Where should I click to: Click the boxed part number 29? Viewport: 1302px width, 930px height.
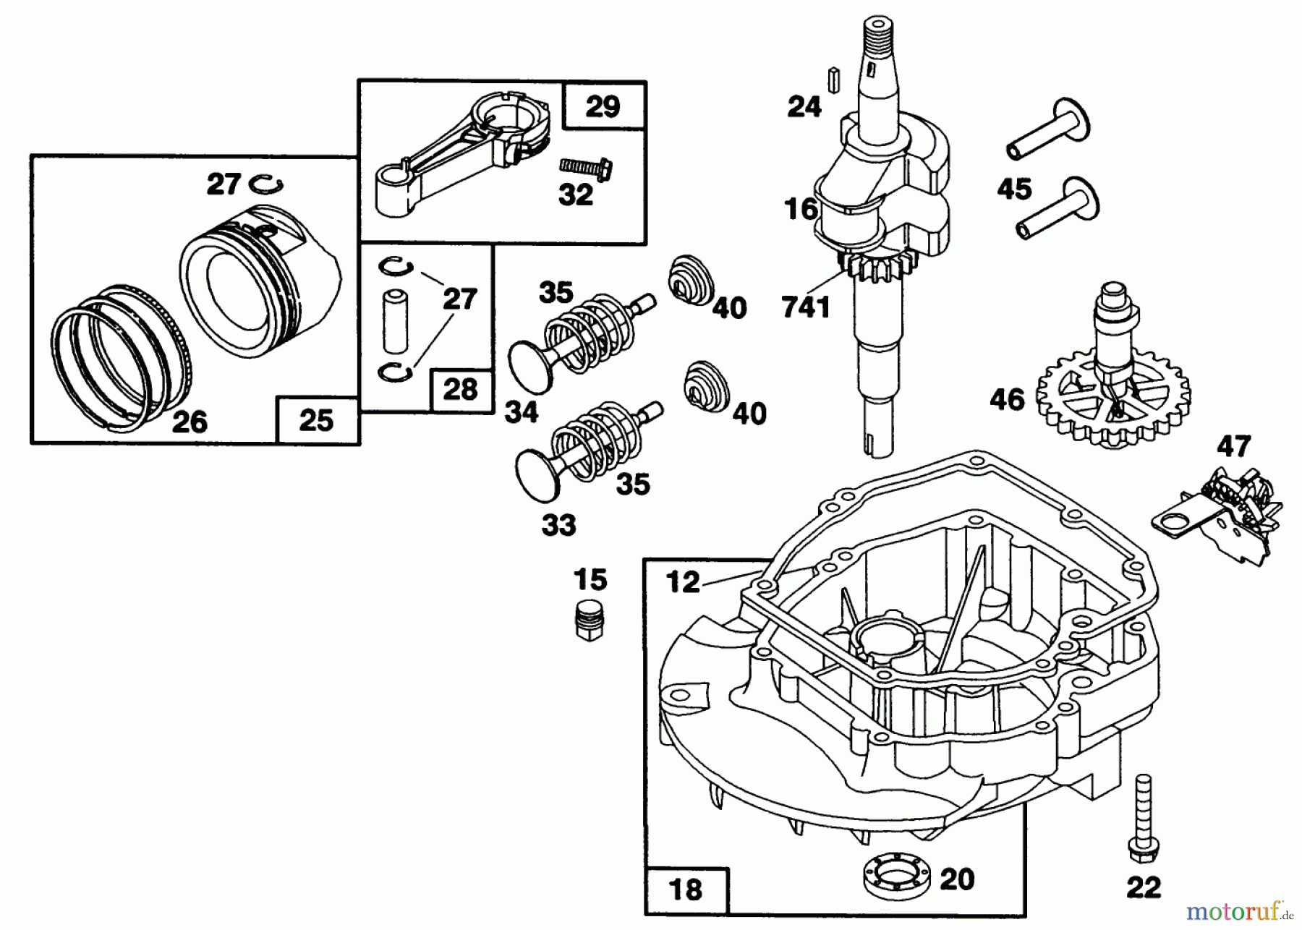tap(603, 107)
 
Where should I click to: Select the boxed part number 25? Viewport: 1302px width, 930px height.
tap(317, 420)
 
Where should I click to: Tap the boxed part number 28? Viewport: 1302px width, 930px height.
tap(461, 390)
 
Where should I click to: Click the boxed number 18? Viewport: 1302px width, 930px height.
tap(686, 889)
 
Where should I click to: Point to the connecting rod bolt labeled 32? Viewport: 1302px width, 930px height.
tap(587, 168)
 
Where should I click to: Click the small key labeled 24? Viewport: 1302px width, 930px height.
tap(833, 78)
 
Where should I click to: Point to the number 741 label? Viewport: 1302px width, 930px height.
tap(806, 307)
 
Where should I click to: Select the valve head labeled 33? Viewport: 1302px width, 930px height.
tap(537, 473)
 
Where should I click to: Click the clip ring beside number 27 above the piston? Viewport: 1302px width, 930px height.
tap(266, 184)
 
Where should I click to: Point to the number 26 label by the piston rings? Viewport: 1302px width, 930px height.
tap(190, 421)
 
